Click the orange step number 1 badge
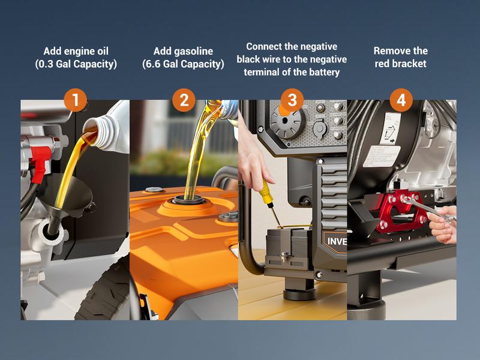[76, 100]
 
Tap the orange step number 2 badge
[184, 100]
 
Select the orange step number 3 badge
[292, 100]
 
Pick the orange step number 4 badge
[401, 100]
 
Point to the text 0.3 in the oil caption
[46, 64]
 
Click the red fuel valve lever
[40, 164]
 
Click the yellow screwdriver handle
[266, 191]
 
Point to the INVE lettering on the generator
[337, 242]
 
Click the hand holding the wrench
[443, 223]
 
